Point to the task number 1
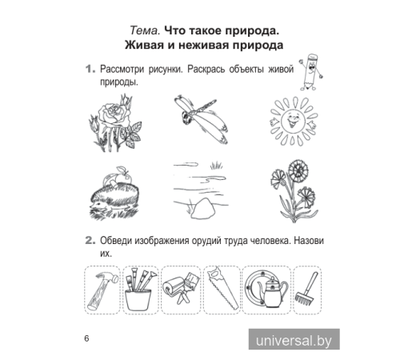tap(90, 70)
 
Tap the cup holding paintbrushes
tap(139, 299)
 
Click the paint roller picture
tap(179, 289)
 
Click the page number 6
tap(86, 338)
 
